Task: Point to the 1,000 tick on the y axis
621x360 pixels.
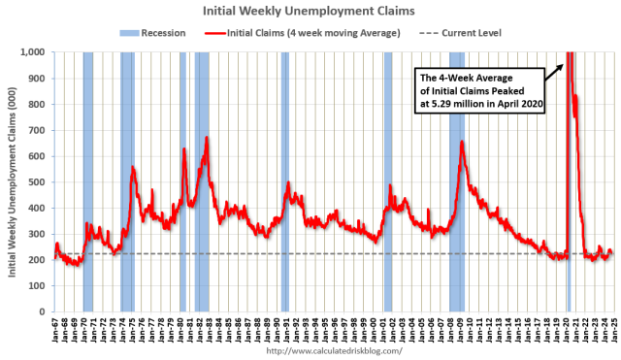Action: tap(36, 51)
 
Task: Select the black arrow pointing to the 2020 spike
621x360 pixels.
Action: tap(554, 70)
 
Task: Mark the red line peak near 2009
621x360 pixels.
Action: tap(462, 142)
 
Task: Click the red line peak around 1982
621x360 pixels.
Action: tap(207, 138)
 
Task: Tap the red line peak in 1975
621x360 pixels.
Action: tap(133, 168)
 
